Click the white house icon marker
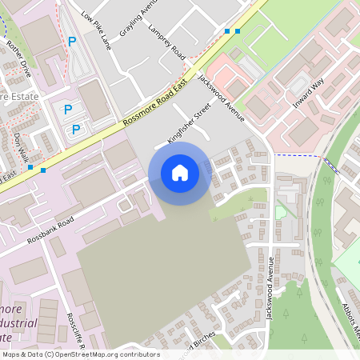180,172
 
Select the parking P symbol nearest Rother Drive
71,40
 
